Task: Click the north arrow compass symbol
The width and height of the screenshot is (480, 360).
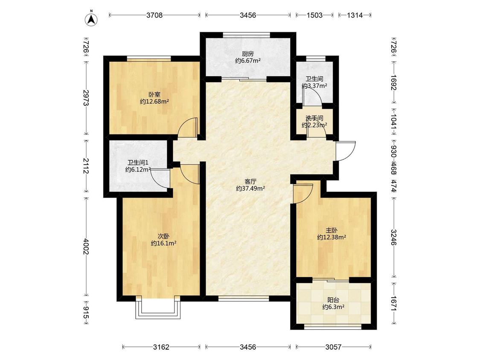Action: pyautogui.click(x=91, y=19)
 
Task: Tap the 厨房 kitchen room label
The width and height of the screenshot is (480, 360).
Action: pyautogui.click(x=247, y=54)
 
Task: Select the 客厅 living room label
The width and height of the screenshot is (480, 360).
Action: pyautogui.click(x=250, y=182)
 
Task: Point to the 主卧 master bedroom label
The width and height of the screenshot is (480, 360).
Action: pyautogui.click(x=332, y=230)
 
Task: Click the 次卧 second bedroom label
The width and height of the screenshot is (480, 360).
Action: pyautogui.click(x=163, y=236)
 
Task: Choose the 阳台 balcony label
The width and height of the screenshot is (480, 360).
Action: pyautogui.click(x=333, y=300)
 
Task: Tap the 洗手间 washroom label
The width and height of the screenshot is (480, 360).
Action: pyautogui.click(x=314, y=118)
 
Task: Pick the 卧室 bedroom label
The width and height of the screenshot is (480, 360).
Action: pyautogui.click(x=154, y=95)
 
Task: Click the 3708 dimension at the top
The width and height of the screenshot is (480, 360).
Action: pyautogui.click(x=154, y=15)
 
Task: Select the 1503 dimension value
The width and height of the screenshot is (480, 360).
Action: pyautogui.click(x=314, y=15)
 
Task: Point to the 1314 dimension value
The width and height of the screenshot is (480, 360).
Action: pyautogui.click(x=355, y=15)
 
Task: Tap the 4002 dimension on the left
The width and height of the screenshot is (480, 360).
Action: pyautogui.click(x=86, y=247)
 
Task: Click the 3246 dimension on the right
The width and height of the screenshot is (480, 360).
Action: pyautogui.click(x=394, y=237)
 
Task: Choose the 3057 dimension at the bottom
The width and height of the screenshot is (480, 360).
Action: pyautogui.click(x=333, y=347)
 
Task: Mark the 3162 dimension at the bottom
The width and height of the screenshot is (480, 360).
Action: pyautogui.click(x=161, y=347)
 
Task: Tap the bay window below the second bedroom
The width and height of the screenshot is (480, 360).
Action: pyautogui.click(x=158, y=308)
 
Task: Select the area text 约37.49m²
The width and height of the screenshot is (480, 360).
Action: pyautogui.click(x=250, y=189)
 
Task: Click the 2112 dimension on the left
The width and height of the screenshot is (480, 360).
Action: pyautogui.click(x=86, y=166)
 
